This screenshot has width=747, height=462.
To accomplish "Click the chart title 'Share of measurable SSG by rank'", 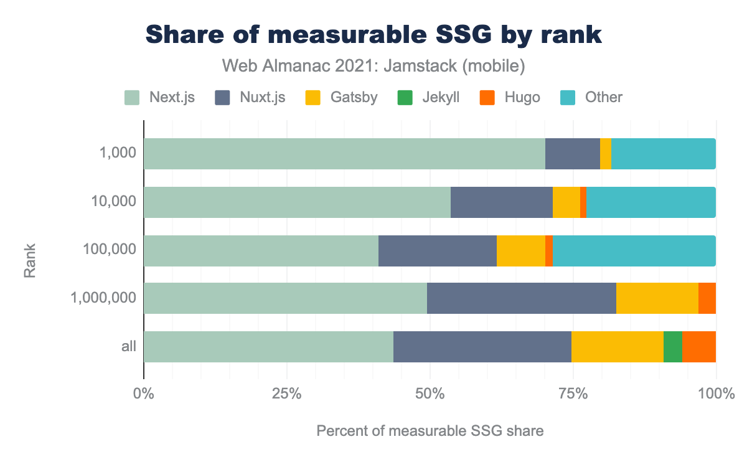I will [x=374, y=35].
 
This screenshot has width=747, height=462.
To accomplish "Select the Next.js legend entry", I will [x=159, y=97].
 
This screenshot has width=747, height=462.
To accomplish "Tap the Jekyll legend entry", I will [x=429, y=97].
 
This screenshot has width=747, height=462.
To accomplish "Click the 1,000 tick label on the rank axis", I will [x=118, y=154].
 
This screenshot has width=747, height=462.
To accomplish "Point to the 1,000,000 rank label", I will [x=103, y=298].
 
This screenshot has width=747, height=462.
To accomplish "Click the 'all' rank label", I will [x=129, y=346].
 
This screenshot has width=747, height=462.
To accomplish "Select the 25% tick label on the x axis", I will [x=286, y=394].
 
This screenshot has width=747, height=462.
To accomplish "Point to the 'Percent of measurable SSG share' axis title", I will [x=430, y=431].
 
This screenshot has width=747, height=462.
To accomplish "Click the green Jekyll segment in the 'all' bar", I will [x=672, y=347].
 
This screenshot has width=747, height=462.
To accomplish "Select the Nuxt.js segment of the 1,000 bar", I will [x=572, y=154].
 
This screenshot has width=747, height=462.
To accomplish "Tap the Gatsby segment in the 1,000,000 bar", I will [x=657, y=298].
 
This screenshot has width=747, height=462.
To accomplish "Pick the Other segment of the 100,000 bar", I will [x=634, y=250].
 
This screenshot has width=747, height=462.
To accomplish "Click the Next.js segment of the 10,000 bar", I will [x=297, y=202].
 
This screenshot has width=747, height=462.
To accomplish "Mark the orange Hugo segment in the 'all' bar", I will [x=698, y=347].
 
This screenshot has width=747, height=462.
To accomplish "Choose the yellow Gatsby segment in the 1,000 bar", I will [x=605, y=154].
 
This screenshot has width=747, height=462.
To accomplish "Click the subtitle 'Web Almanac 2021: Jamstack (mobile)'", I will [x=374, y=65].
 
